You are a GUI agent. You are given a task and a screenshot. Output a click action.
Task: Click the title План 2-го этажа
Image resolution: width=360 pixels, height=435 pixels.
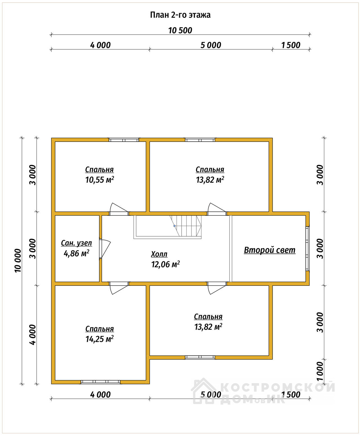pos(180,15)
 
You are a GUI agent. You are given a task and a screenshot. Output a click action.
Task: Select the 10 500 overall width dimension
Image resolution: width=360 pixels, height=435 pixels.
pos(180,30)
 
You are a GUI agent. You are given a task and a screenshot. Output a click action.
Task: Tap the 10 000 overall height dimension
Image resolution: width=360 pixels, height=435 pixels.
pos(18,260)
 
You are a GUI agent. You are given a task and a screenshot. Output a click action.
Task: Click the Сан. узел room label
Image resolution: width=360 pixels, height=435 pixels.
pos(76,243)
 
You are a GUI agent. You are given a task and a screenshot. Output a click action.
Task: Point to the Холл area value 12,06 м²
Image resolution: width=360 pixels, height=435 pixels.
pos(165,264)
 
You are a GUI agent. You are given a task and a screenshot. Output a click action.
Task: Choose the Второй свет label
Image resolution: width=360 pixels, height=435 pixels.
pos(269,250)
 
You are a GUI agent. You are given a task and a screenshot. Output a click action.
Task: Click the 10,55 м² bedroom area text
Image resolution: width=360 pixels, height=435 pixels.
pos(100,180)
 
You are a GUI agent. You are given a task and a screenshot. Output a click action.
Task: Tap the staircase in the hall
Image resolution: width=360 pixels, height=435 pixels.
pos(168,227)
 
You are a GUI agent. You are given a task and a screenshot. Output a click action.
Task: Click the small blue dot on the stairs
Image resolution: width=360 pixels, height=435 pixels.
pos(174,226)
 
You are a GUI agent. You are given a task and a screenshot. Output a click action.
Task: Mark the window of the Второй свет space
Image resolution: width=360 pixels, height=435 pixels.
pos(307,249)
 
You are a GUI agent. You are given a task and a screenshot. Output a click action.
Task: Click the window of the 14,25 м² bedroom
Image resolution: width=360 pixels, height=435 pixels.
pos(100,382)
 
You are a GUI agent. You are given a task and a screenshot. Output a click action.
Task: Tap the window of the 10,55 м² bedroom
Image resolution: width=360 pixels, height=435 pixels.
pos(124,140)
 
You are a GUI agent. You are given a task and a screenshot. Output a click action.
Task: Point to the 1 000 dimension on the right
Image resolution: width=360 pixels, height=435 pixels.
pos(320,371)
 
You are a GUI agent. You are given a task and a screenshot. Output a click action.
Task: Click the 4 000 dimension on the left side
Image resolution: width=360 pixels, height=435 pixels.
pos(33,334)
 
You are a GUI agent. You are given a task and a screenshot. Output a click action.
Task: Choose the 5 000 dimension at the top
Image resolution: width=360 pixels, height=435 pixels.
pos(211,45)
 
